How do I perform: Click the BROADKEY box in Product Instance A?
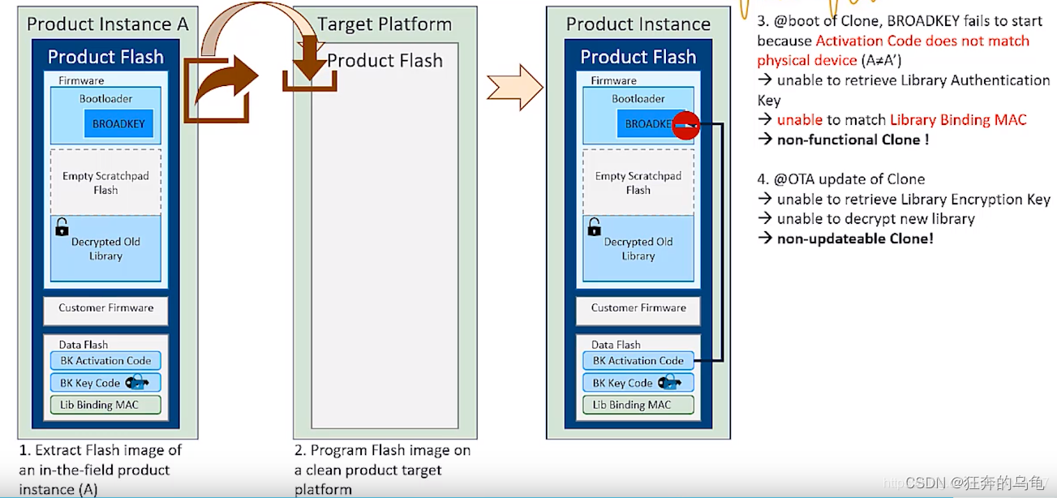(118, 124)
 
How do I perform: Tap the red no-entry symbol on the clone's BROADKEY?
(686, 124)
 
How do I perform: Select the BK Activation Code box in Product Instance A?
(105, 361)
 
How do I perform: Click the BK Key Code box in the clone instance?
(638, 383)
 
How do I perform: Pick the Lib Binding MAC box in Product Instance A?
(105, 405)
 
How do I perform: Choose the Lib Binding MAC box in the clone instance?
(638, 405)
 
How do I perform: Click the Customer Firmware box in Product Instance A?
(105, 309)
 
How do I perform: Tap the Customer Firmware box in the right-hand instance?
(638, 309)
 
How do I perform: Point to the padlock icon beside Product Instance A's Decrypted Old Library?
(62, 227)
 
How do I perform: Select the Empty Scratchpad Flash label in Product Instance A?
(105, 183)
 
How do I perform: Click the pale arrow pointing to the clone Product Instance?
(514, 87)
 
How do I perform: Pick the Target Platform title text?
(385, 24)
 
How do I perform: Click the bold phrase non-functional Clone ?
(853, 140)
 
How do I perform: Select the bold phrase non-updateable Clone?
(855, 238)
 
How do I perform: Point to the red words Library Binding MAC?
(958, 120)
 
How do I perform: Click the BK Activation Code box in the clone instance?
(638, 361)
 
